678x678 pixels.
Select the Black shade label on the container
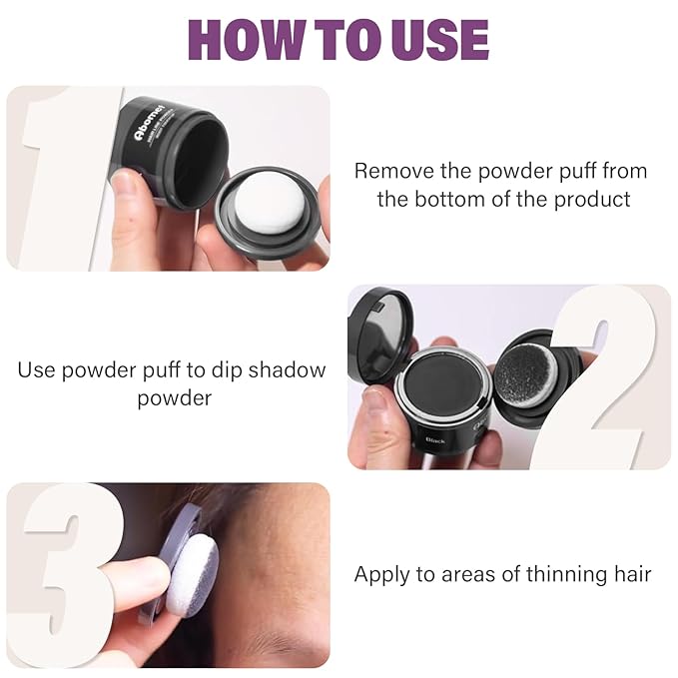(435, 439)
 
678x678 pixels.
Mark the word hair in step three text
(629, 574)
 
